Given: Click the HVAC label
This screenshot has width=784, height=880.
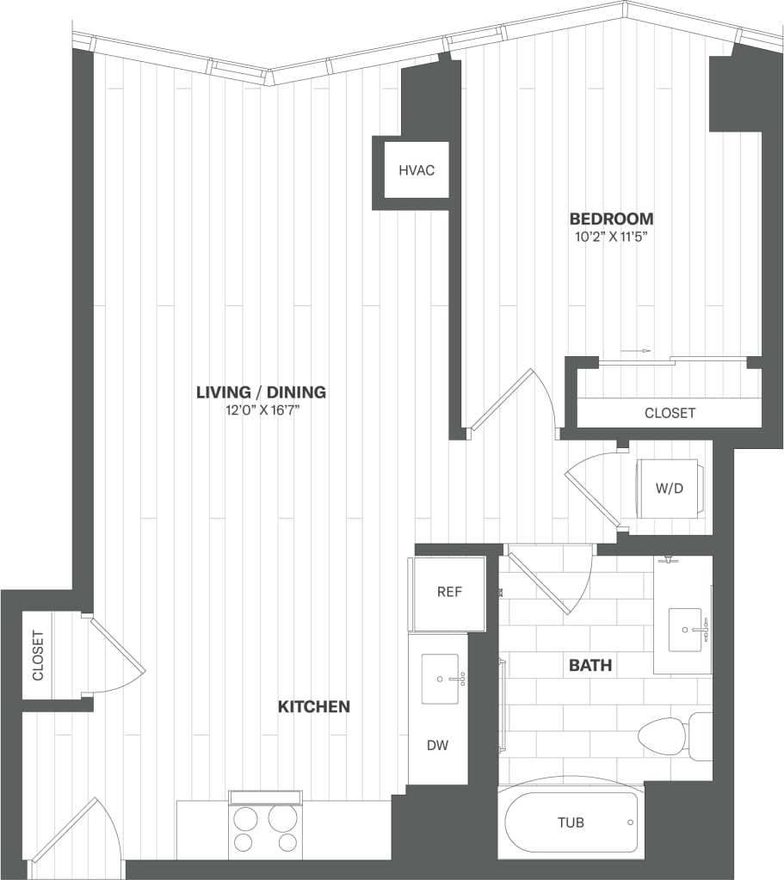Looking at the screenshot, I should pyautogui.click(x=417, y=170).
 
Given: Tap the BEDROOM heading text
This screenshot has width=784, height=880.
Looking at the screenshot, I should pyautogui.click(x=611, y=218).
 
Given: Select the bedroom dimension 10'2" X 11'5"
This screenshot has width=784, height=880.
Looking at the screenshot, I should pyautogui.click(x=611, y=237).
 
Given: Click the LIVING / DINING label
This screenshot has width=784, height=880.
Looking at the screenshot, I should pyautogui.click(x=261, y=392).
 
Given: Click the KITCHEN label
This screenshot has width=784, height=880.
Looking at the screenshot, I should pyautogui.click(x=313, y=706).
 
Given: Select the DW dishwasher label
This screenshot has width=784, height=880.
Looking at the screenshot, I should pyautogui.click(x=437, y=745).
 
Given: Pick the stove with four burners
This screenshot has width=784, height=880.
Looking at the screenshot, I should pyautogui.click(x=265, y=829).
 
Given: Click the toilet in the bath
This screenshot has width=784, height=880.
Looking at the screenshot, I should pyautogui.click(x=671, y=736).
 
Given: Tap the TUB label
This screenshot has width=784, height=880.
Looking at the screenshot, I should pyautogui.click(x=570, y=822).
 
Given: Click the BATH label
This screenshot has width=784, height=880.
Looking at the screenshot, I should pyautogui.click(x=590, y=665).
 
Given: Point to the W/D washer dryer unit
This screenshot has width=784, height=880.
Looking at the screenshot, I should pyautogui.click(x=669, y=489).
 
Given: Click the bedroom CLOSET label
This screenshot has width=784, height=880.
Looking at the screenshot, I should pyautogui.click(x=670, y=413).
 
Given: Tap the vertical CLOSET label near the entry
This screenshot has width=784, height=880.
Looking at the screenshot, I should pyautogui.click(x=38, y=655).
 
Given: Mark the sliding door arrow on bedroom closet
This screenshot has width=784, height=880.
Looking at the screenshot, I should pyautogui.click(x=641, y=351).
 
